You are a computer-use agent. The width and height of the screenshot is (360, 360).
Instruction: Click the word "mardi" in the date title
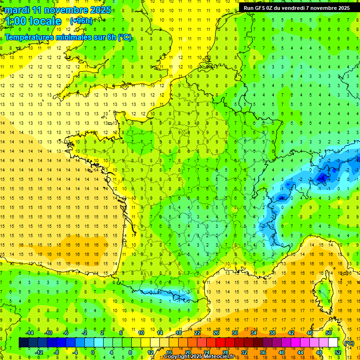[17, 10]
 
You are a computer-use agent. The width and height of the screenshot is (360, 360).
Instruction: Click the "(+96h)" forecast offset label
[81, 21]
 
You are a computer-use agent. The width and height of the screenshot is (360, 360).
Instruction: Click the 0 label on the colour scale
[93, 352]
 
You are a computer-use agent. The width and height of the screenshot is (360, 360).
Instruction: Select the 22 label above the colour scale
[197, 333]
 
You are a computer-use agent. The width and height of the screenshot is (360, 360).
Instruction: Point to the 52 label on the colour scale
[338, 352]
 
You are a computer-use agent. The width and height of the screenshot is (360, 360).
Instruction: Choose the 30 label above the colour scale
[235, 333]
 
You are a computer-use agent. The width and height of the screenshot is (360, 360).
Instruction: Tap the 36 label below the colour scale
[263, 352]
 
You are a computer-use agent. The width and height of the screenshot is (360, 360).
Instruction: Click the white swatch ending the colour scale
[333, 343]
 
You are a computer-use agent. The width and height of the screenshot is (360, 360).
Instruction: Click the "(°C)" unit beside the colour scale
[349, 343]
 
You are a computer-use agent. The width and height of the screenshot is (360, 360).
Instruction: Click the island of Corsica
[323, 291]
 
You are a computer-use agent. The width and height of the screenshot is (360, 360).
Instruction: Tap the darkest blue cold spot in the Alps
[322, 177]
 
